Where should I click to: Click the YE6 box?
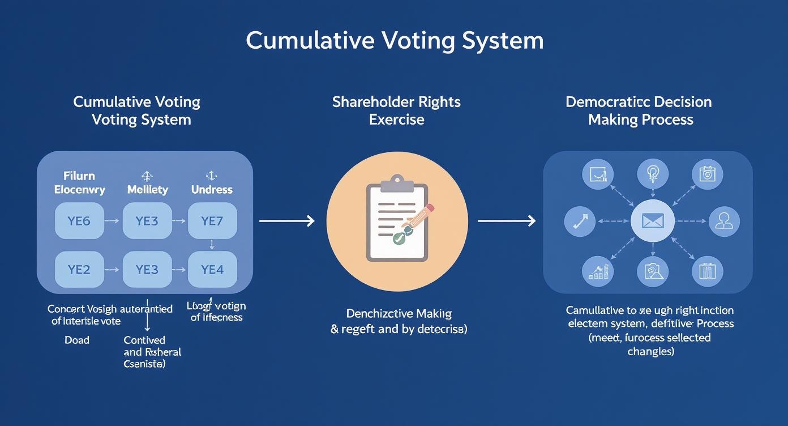(x=79, y=220)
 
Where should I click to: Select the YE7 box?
(x=212, y=220)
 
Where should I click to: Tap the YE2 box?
(x=79, y=270)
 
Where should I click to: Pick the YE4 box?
(x=212, y=270)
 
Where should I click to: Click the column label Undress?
(x=212, y=190)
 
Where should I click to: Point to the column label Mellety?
(x=147, y=190)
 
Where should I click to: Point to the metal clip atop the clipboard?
(x=397, y=185)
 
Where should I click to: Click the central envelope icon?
(x=653, y=221)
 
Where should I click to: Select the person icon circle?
(x=724, y=221)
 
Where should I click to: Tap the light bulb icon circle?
(x=653, y=173)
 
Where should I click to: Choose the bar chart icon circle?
(x=598, y=271)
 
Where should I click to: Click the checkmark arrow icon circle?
(x=580, y=221)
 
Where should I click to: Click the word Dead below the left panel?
(x=77, y=340)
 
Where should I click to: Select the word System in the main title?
(x=502, y=41)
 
